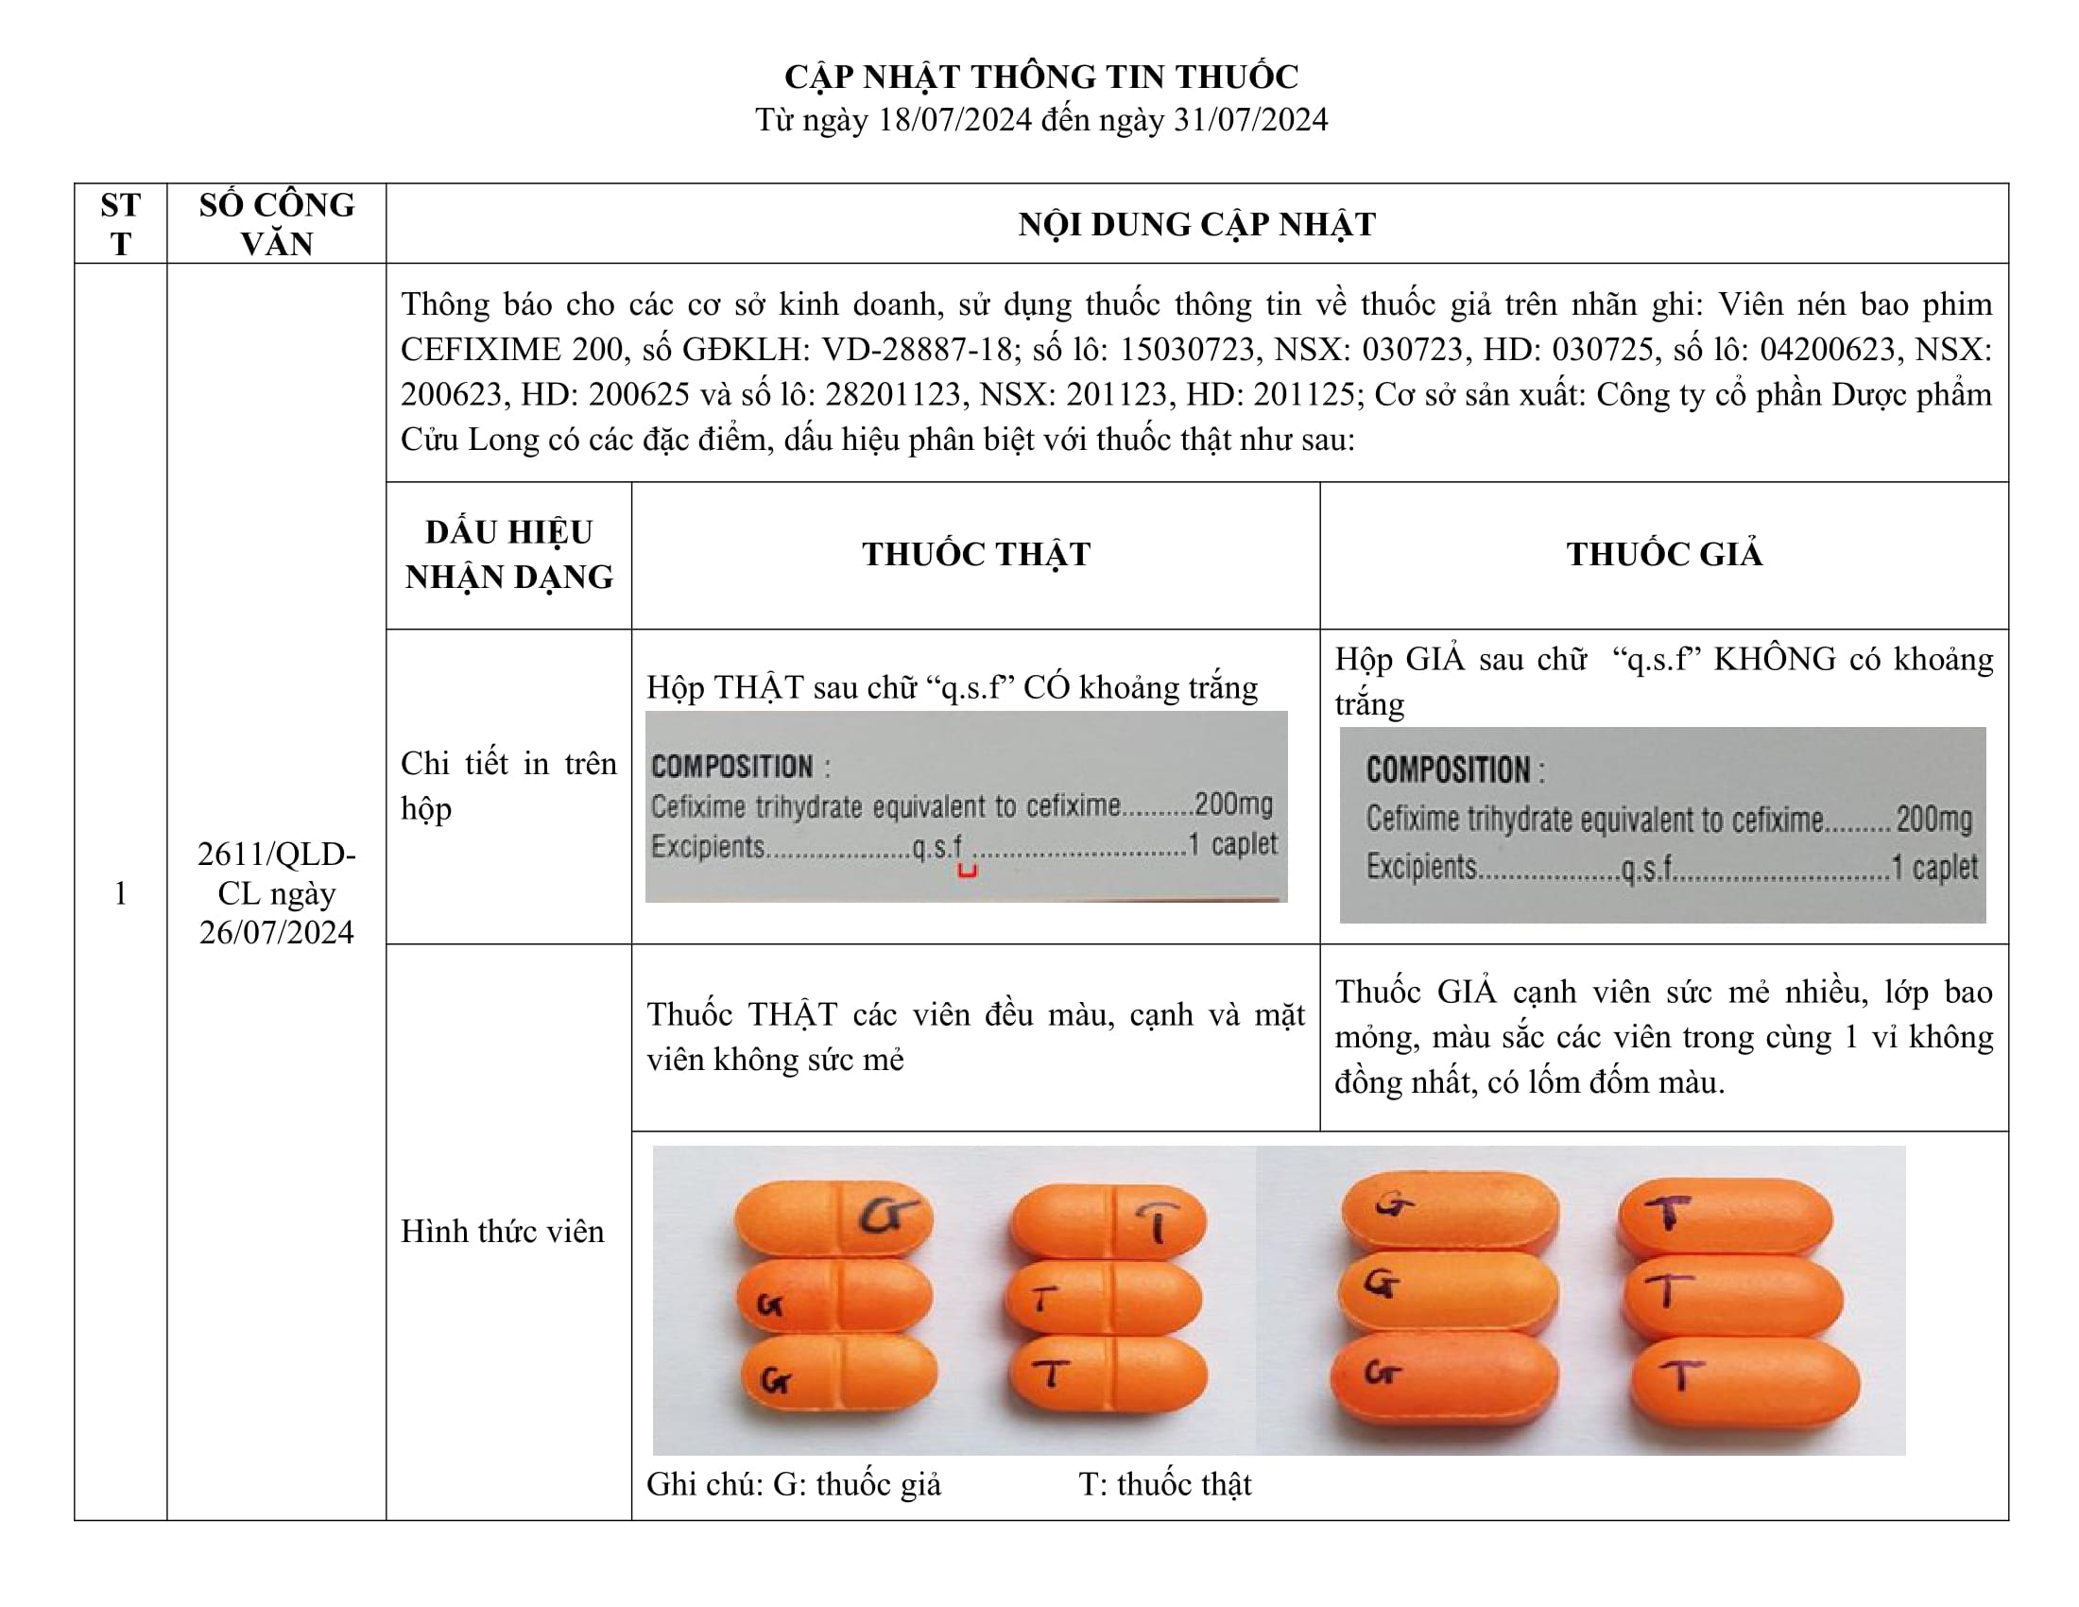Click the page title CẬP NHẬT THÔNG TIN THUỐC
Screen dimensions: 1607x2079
pyautogui.click(x=1040, y=77)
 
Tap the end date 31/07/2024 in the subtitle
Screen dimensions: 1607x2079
pyautogui.click(x=1250, y=120)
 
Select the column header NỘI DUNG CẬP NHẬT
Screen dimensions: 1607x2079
pyautogui.click(x=1196, y=224)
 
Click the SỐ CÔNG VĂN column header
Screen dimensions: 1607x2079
pyautogui.click(x=276, y=224)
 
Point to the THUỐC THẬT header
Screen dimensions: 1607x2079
pyautogui.click(x=976, y=554)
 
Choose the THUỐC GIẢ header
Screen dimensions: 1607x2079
pyautogui.click(x=1664, y=554)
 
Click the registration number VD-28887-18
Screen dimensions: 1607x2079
pyautogui.click(x=917, y=350)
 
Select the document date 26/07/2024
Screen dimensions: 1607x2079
pyautogui.click(x=276, y=932)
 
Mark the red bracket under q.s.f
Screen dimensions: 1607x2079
pyautogui.click(x=967, y=870)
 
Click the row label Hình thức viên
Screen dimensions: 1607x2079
pyautogui.click(x=502, y=1231)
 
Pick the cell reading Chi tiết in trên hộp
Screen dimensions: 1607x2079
pyautogui.click(x=508, y=786)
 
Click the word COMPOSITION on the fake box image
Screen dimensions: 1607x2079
pyautogui.click(x=1447, y=769)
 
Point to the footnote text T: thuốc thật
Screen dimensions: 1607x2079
pyautogui.click(x=1164, y=1484)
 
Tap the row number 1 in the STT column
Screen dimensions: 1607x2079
pyautogui.click(x=120, y=893)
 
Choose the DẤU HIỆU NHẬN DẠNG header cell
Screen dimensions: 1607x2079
pyautogui.click(x=508, y=554)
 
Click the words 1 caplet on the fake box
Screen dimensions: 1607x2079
pyautogui.click(x=1933, y=867)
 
